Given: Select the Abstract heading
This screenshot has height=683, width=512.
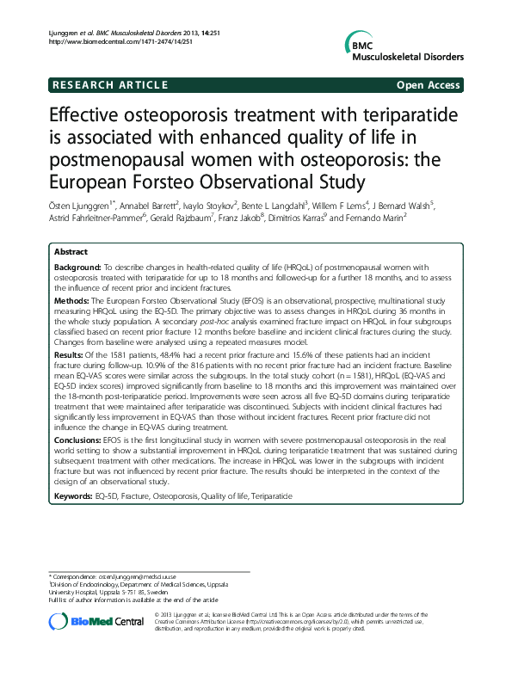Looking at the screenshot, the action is point(71,252).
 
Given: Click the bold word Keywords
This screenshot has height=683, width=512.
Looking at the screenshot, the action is point(75,496).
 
